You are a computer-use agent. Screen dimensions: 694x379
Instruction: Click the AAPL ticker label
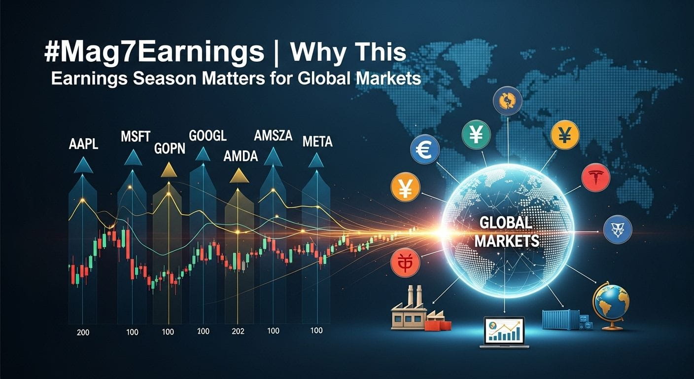pyautogui.click(x=83, y=144)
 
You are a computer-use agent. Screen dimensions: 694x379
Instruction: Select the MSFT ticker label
pyautogui.click(x=136, y=137)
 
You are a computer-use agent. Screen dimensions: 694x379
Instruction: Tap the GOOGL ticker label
pyautogui.click(x=208, y=136)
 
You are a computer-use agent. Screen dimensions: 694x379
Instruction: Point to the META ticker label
pyautogui.click(x=317, y=142)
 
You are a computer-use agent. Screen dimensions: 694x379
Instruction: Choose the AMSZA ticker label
pyautogui.click(x=273, y=136)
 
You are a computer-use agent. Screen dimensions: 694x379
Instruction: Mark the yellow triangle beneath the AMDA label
pyautogui.click(x=239, y=176)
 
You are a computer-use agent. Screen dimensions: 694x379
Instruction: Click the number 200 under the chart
pyautogui.click(x=83, y=333)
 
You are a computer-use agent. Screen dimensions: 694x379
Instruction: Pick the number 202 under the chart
pyautogui.click(x=238, y=331)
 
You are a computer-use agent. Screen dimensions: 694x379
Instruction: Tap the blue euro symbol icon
pyautogui.click(x=425, y=150)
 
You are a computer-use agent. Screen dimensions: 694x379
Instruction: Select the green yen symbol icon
pyautogui.click(x=476, y=135)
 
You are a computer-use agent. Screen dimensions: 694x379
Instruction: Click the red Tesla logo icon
pyautogui.click(x=596, y=177)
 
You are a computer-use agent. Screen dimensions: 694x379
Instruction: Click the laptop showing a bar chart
pyautogui.click(x=504, y=333)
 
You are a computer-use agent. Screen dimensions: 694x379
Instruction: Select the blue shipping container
pyautogui.click(x=561, y=319)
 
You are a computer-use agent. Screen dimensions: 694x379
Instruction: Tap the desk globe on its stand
pyautogui.click(x=611, y=306)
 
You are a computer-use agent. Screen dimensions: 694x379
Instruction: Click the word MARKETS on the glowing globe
pyautogui.click(x=507, y=241)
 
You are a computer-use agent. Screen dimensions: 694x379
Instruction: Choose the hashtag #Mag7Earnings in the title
pyautogui.click(x=154, y=53)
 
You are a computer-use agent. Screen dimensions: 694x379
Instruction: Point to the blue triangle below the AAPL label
pyautogui.click(x=83, y=165)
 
